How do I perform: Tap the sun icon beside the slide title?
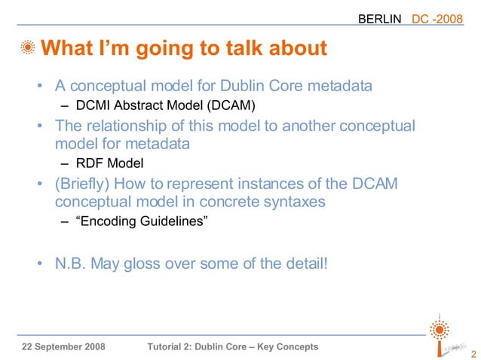coord(27,49)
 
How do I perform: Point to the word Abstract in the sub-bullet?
coord(138,105)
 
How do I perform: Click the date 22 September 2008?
coord(63,346)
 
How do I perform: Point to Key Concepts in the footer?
coord(283,346)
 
